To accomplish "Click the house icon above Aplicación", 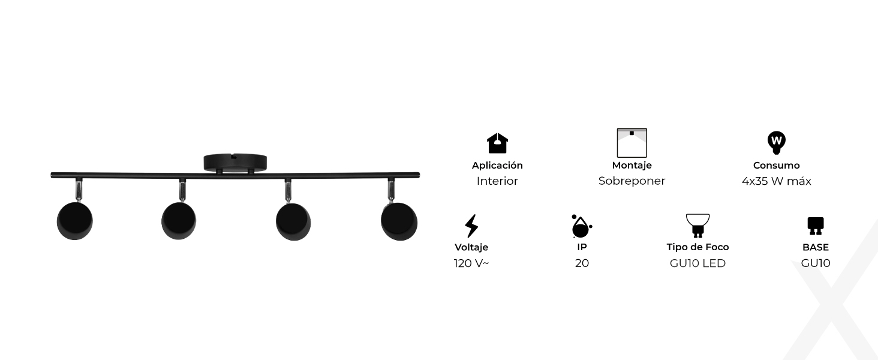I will pyautogui.click(x=497, y=143).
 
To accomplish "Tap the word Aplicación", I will pyautogui.click(x=497, y=166).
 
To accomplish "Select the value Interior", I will pyautogui.click(x=497, y=181).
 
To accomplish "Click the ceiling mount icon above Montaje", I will pyautogui.click(x=632, y=143).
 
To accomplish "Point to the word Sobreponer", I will pyautogui.click(x=632, y=181).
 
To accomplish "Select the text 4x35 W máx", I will pyautogui.click(x=777, y=181).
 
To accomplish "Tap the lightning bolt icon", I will pyautogui.click(x=471, y=226).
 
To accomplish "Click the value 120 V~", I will pyautogui.click(x=471, y=263).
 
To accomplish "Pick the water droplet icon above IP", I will pyautogui.click(x=581, y=227).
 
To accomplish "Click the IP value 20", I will pyautogui.click(x=582, y=263).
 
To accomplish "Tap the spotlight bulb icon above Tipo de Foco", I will pyautogui.click(x=697, y=226).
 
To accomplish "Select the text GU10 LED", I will pyautogui.click(x=697, y=263).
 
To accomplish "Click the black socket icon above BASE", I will pyautogui.click(x=815, y=226).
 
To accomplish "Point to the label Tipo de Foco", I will pyautogui.click(x=697, y=247).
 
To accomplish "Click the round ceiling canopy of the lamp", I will pyautogui.click(x=235, y=162).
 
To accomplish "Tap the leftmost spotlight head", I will pyautogui.click(x=75, y=221).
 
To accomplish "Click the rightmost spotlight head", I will pyautogui.click(x=399, y=221).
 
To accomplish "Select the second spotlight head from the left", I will pyautogui.click(x=179, y=221).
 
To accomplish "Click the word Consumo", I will pyautogui.click(x=777, y=166).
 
